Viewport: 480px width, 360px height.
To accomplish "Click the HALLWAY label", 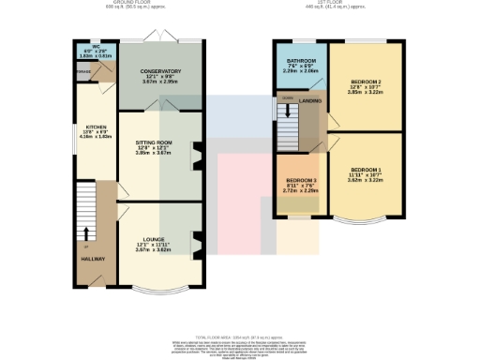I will [92, 258].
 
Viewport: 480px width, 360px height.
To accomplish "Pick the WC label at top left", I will [96, 46].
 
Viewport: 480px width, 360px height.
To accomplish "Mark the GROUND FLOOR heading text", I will [120, 4].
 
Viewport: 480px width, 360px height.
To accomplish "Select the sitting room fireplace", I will [198, 156].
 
